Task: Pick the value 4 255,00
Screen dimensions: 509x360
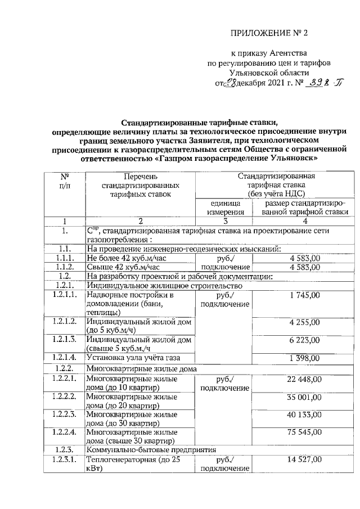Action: click(304, 322)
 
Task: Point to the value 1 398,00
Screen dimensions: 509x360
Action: click(304, 358)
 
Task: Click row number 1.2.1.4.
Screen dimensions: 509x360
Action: click(66, 358)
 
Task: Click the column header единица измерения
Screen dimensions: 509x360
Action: click(223, 208)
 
